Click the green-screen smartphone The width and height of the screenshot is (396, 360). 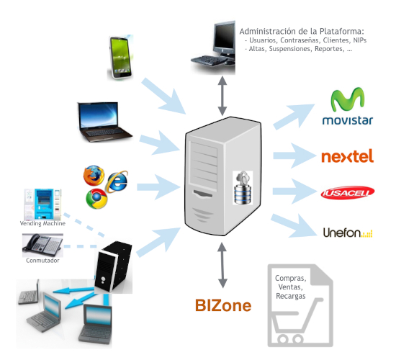tap(120, 58)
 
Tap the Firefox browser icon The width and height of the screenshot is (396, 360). tap(94, 176)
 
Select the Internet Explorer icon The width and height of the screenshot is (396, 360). tap(117, 181)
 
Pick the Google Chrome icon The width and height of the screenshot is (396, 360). tap(96, 199)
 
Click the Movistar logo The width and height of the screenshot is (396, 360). tap(348, 106)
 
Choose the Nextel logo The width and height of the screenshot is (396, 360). tap(347, 156)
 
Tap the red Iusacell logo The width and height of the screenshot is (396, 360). tap(348, 193)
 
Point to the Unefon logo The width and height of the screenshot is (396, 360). tap(348, 233)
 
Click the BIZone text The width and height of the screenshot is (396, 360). tap(223, 305)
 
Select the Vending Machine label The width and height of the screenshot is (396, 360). tap(42, 223)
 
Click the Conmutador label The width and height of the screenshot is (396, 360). tap(42, 261)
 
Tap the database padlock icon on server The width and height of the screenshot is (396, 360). tap(243, 187)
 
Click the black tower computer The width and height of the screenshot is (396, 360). tap(113, 267)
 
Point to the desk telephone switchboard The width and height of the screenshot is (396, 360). tap(42, 246)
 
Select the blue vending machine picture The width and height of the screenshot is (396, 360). tap(42, 204)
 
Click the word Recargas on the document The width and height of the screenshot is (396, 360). tap(291, 296)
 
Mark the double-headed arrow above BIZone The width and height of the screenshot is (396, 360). tap(222, 265)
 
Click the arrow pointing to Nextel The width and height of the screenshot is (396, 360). tap(294, 156)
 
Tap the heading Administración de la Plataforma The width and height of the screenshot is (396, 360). tap(302, 32)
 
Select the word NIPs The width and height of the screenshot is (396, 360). tap(359, 40)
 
